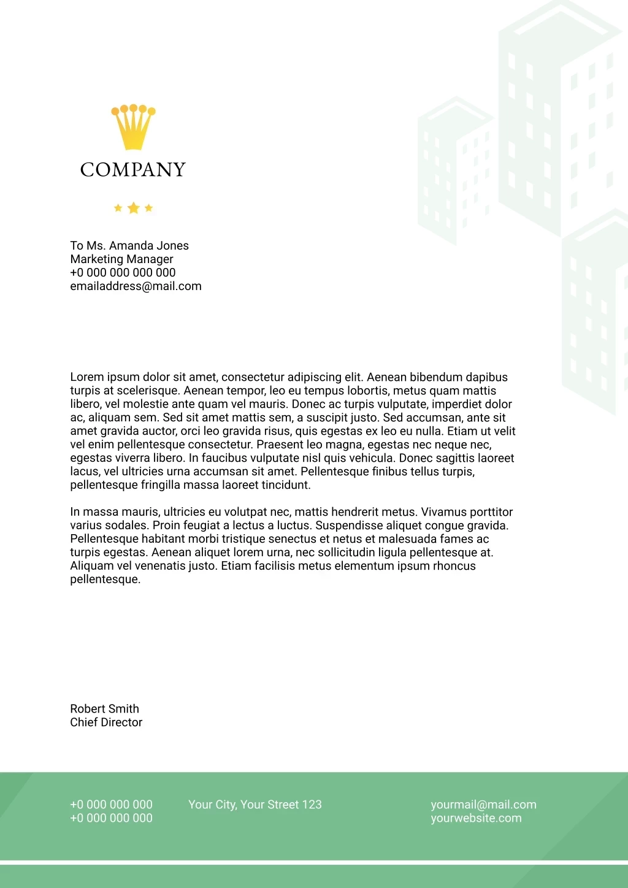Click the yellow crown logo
pos(133,127)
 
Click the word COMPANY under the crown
pos(133,169)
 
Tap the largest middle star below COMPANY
pos(133,208)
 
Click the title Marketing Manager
pos(121,259)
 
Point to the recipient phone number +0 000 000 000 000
pos(123,272)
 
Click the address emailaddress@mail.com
pos(136,286)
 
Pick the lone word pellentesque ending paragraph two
pos(105,580)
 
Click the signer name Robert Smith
pos(104,709)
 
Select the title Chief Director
pos(106,722)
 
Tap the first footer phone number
pos(111,805)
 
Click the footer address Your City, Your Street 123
pos(255,805)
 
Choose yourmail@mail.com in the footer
pos(483,805)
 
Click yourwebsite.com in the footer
pos(476,818)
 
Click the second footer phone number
pos(111,818)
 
